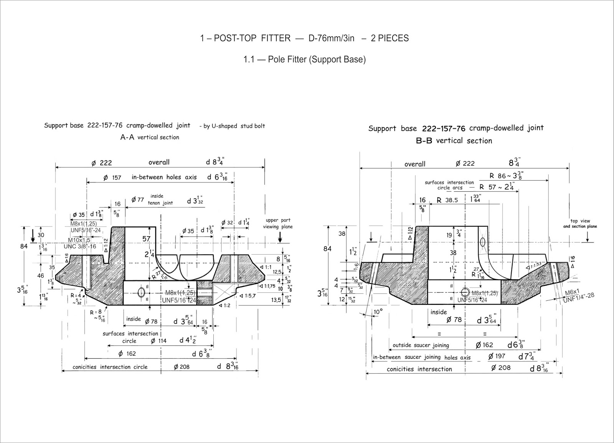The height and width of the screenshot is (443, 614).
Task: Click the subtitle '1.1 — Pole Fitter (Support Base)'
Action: point(304,59)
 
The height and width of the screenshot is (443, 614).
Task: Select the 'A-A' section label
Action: point(127,137)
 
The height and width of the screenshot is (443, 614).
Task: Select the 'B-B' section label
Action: point(424,140)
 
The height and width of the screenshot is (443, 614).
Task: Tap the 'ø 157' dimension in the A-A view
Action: point(112,178)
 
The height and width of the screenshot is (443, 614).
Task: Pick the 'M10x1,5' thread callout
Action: point(79,240)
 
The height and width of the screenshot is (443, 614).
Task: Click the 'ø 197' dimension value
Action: point(497,356)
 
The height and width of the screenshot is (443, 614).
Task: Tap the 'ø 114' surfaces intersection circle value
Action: point(158,341)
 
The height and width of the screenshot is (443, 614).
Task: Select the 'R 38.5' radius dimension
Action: point(447,200)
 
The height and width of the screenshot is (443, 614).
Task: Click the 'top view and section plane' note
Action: point(580,224)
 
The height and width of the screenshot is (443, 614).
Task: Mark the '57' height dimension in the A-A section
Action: point(146,239)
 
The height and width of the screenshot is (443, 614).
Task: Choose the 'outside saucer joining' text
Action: point(421,345)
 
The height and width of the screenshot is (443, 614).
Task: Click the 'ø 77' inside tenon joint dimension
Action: point(137,199)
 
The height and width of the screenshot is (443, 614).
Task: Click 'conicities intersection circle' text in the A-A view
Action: point(110,367)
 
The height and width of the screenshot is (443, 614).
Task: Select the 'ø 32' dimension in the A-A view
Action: point(228,222)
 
